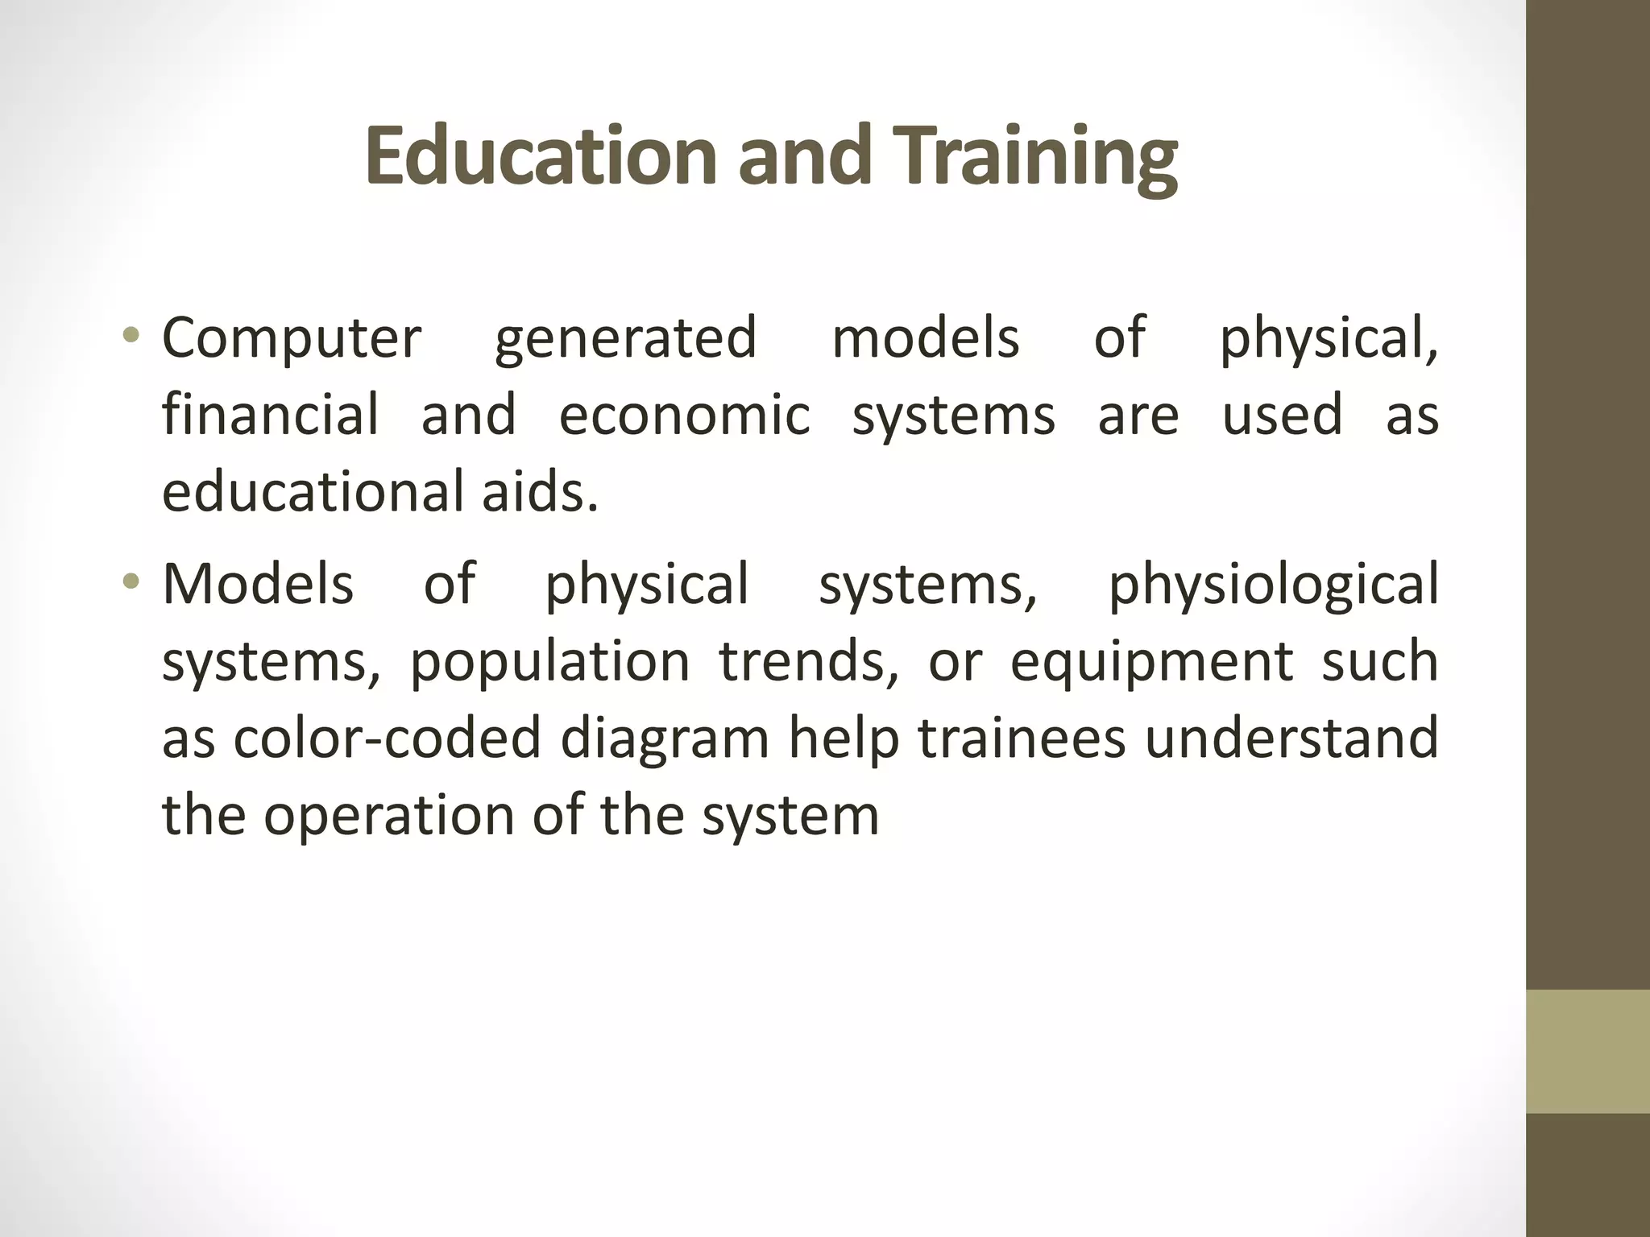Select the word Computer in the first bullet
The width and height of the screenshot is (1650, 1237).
point(292,338)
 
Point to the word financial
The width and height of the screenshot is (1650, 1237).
point(270,416)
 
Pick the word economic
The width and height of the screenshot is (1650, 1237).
point(684,416)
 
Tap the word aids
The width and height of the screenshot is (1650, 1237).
point(540,492)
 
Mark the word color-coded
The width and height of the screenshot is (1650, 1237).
point(387,738)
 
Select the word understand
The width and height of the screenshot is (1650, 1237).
point(1291,738)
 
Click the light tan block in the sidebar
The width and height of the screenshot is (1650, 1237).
point(1588,1051)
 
